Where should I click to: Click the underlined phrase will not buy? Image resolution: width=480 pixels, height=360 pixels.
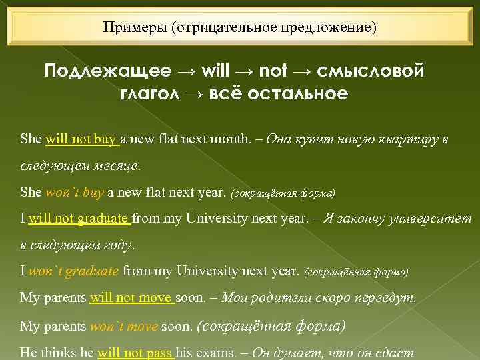click(x=81, y=140)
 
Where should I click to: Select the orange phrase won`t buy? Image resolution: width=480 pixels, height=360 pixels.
click(x=74, y=193)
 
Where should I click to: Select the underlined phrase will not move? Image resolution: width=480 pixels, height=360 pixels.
click(x=131, y=298)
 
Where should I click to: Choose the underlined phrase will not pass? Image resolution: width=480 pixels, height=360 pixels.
click(x=135, y=353)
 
